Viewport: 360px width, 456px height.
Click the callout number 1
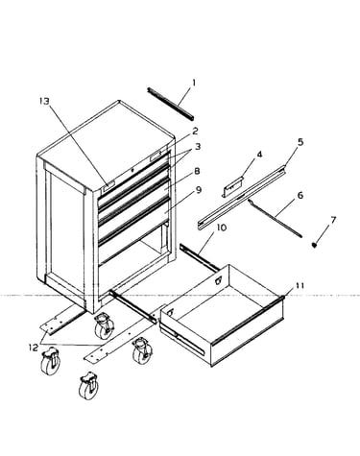[x=194, y=84]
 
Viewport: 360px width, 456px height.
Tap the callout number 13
[x=44, y=101]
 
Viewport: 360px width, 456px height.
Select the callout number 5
[x=300, y=142]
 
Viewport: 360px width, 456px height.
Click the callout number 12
[x=34, y=348]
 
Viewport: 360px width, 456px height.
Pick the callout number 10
[x=222, y=228]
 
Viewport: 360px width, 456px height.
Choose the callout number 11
[x=300, y=285]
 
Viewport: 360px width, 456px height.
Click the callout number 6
[x=300, y=195]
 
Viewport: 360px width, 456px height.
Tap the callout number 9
[x=199, y=190]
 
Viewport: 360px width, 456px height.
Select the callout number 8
[x=197, y=171]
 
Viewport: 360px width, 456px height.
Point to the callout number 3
[x=198, y=147]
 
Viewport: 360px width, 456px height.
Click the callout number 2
[x=195, y=131]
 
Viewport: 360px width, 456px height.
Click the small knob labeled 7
[x=314, y=245]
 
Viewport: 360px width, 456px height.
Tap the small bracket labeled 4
[x=232, y=186]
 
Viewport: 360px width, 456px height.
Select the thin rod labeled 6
[x=275, y=218]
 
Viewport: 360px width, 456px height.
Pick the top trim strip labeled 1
[x=171, y=104]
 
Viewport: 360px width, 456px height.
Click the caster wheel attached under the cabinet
[x=104, y=326]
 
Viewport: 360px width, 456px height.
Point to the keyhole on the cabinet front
[x=132, y=171]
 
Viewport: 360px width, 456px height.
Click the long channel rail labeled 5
[x=241, y=198]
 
